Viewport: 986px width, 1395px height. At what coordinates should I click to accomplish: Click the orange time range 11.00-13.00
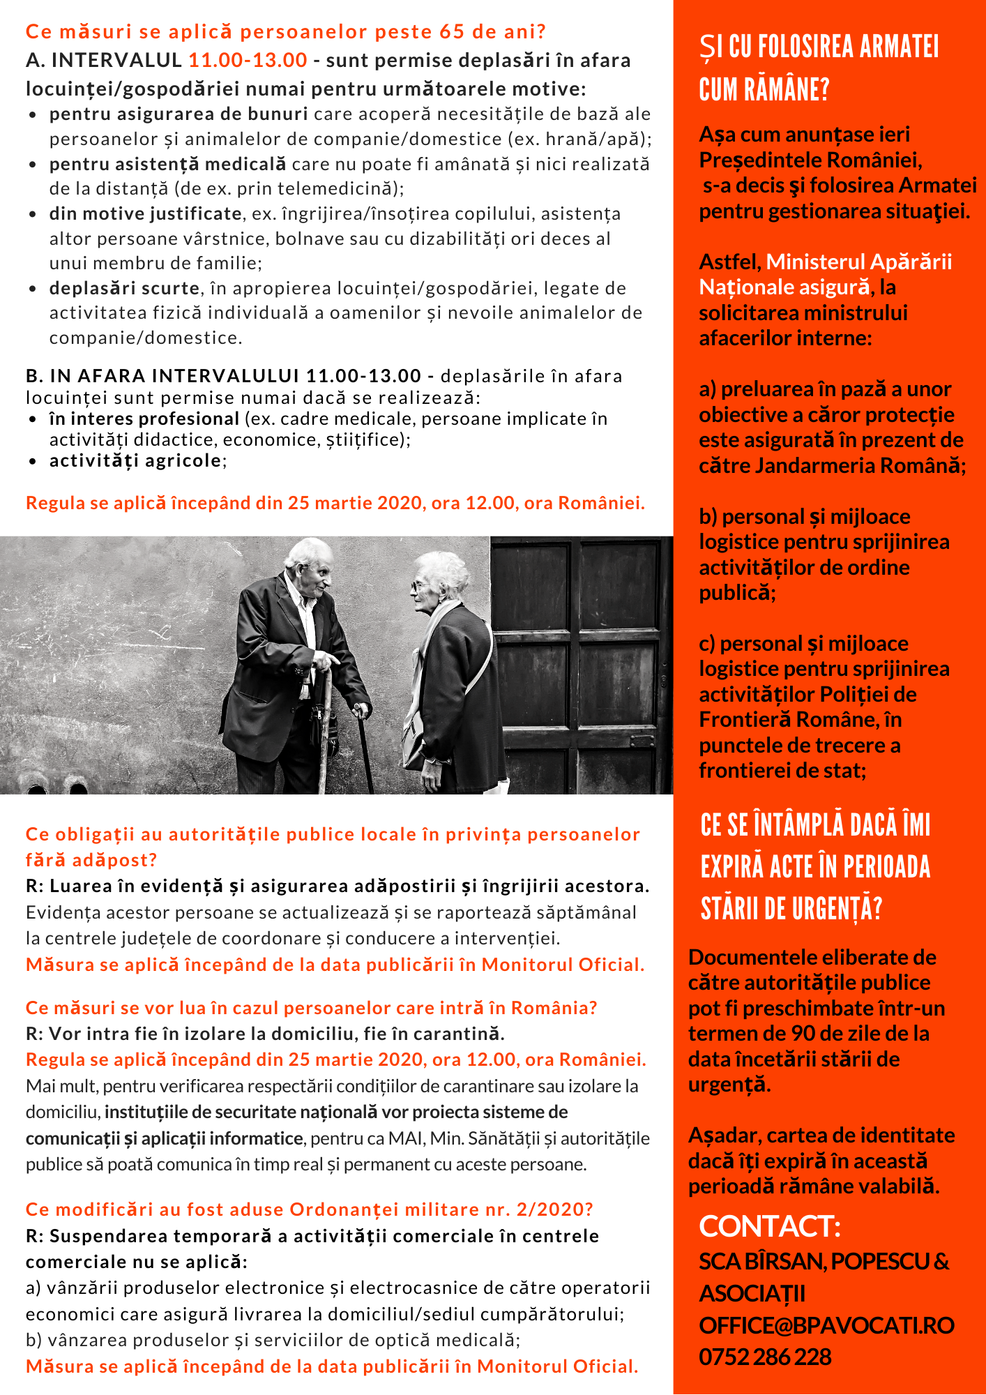point(248,61)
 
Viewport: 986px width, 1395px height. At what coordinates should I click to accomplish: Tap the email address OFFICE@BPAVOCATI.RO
point(826,1325)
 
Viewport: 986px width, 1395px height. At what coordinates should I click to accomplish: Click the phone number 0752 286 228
point(765,1357)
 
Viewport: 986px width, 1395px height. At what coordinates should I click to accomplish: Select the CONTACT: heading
point(770,1227)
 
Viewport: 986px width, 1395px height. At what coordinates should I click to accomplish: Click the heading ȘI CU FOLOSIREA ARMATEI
point(819,47)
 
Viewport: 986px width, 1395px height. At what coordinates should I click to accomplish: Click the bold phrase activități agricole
point(135,460)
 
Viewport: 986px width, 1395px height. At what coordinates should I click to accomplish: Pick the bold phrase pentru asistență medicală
point(167,164)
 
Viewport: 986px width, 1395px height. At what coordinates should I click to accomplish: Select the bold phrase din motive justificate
point(145,213)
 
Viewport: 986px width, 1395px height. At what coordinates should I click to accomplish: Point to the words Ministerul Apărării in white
point(858,262)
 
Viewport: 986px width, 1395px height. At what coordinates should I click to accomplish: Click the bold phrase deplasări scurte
point(124,288)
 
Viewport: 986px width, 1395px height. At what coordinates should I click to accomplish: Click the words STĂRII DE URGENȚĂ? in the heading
point(791,909)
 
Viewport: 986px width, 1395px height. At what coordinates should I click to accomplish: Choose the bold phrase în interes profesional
point(144,418)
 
